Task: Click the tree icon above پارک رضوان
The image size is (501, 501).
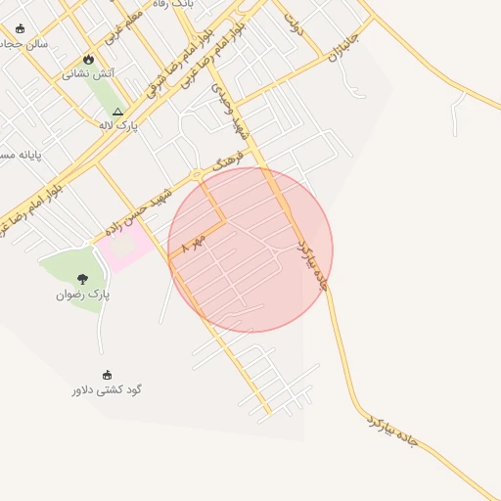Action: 82,279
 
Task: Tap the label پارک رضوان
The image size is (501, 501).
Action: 82,294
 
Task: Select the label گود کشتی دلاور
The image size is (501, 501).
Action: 107,388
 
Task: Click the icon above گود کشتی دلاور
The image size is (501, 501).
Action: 107,374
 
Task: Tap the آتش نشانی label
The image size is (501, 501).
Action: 88,73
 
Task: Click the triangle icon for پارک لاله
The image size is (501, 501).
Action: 118,112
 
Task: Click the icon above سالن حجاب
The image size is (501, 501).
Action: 20,28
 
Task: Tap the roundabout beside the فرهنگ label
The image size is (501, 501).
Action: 198,174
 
